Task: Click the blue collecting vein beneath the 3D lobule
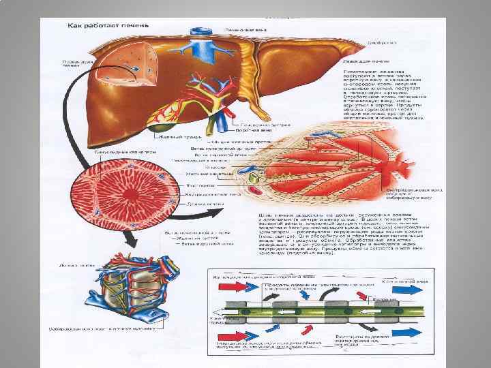coord(126,324)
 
